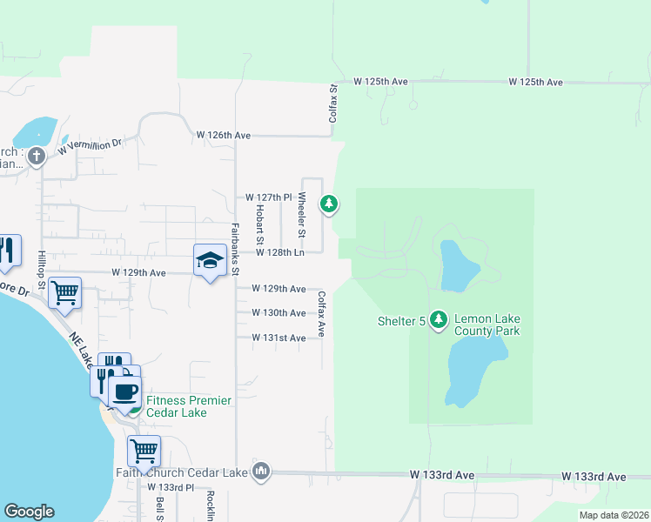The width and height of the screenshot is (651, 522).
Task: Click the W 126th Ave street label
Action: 224,136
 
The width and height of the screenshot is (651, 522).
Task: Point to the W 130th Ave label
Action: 279,312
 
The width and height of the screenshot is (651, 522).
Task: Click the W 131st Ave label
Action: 279,338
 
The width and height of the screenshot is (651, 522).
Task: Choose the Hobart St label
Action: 259,224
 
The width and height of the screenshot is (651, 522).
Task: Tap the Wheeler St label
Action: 302,215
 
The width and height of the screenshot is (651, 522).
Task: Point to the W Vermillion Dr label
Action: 91,145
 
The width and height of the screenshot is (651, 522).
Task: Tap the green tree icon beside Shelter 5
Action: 439,321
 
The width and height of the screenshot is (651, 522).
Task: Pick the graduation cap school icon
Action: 209,260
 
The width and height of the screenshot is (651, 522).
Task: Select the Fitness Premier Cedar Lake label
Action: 189,406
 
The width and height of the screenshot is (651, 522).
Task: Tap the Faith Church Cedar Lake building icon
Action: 260,472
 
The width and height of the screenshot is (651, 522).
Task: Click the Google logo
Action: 29,512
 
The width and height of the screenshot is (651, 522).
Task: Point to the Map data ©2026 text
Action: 613,515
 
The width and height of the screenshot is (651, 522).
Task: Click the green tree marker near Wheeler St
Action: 328,204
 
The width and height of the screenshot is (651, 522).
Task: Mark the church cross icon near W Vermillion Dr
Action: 36,157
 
